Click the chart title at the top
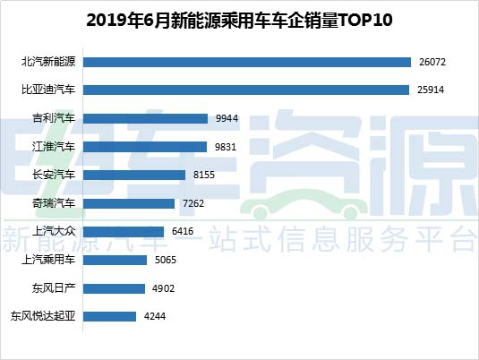click(x=239, y=21)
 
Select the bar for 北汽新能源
click(x=247, y=62)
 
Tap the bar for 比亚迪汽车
click(x=246, y=90)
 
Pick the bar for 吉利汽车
click(x=145, y=118)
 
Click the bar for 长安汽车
click(x=134, y=176)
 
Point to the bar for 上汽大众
click(x=124, y=232)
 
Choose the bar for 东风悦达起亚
click(x=109, y=316)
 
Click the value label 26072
click(x=432, y=62)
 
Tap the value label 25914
click(x=431, y=90)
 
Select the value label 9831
click(x=226, y=147)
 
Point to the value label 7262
click(x=193, y=203)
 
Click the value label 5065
click(x=166, y=260)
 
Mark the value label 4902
click(x=164, y=288)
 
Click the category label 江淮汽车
click(x=54, y=147)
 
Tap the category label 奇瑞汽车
click(x=54, y=203)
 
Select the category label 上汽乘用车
click(x=48, y=260)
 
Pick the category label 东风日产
click(x=54, y=288)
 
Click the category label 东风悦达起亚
click(x=43, y=316)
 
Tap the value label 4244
click(x=155, y=316)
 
